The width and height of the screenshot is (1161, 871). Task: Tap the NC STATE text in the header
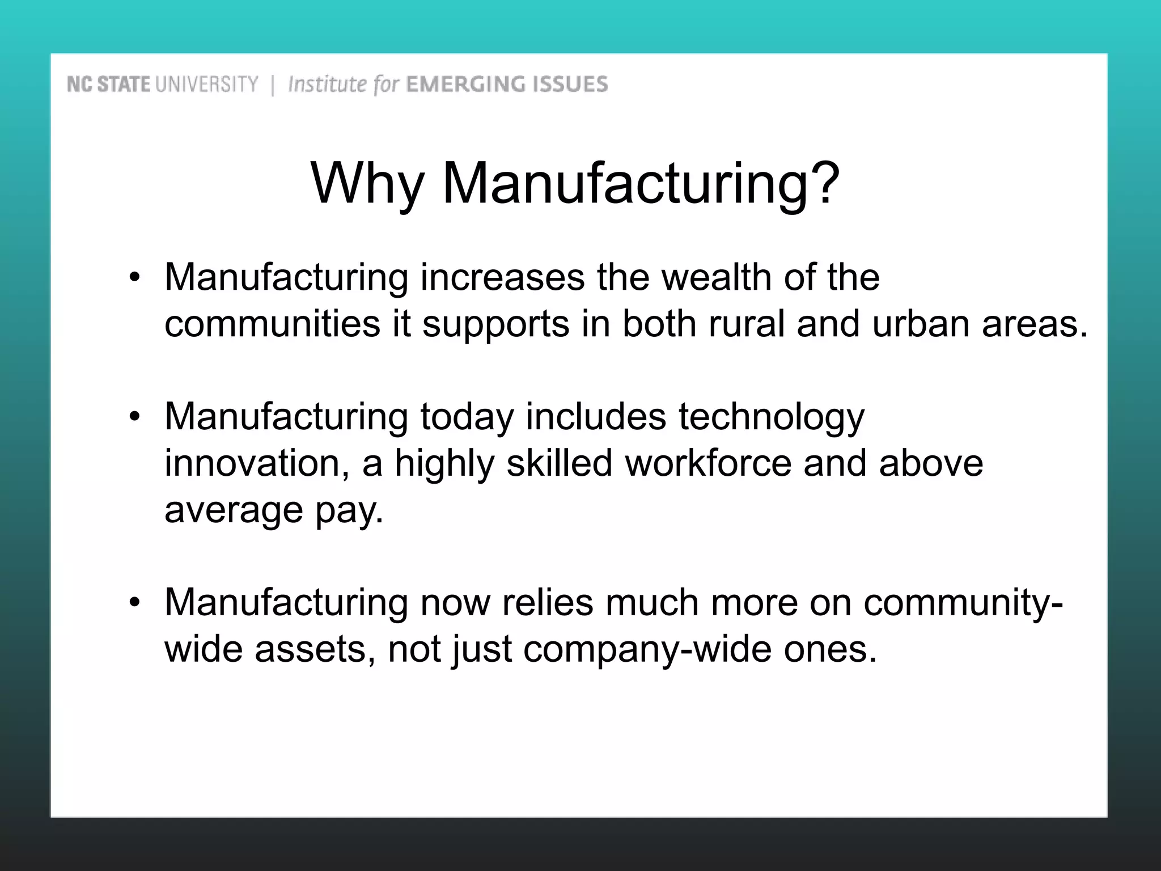point(108,85)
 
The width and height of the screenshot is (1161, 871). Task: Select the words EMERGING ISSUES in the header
point(507,84)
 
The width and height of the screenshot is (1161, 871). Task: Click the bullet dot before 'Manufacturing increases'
point(134,278)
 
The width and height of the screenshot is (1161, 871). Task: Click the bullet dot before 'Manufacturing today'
point(134,417)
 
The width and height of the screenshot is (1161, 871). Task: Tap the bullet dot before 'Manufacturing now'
point(134,603)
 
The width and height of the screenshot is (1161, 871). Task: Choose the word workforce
point(708,463)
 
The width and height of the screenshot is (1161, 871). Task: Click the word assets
point(315,649)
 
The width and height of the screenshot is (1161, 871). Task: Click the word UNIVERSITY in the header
point(206,85)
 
